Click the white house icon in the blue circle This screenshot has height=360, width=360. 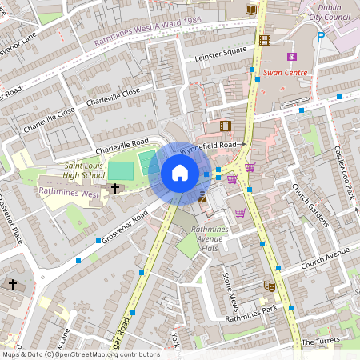[180, 173]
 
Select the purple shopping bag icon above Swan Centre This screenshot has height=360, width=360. [291, 56]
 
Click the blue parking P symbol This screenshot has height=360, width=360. [321, 36]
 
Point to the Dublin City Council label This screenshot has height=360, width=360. [330, 10]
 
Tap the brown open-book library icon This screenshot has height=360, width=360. [253, 10]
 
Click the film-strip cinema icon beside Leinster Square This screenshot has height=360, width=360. [265, 40]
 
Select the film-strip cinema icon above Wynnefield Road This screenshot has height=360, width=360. [225, 126]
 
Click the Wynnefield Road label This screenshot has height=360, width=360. [208, 146]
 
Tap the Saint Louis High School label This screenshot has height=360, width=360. [84, 170]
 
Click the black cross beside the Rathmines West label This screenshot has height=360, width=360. [115, 189]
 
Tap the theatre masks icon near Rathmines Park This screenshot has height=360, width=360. [270, 286]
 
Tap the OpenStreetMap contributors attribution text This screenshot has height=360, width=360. [80, 354]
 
